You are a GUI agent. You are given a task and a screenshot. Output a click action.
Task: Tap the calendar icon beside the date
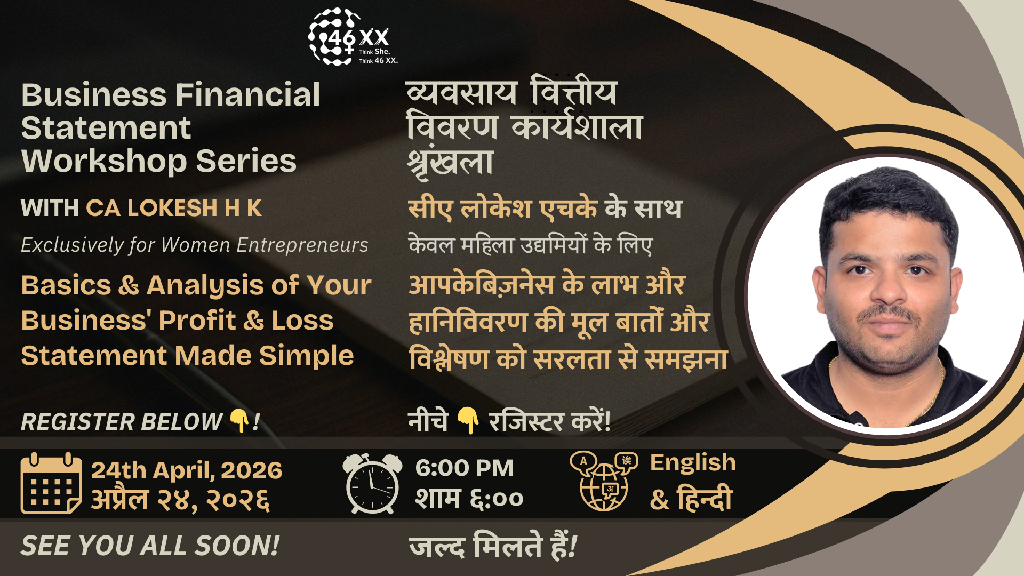tap(51, 483)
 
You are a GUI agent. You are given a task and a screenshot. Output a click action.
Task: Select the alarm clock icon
tap(372, 483)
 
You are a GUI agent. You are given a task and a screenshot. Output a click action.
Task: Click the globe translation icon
tap(604, 481)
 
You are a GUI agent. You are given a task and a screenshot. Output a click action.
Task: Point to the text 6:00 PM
tap(465, 468)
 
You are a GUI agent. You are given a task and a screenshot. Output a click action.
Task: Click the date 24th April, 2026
tap(187, 470)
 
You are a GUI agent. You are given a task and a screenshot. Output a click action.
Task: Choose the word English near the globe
tap(693, 462)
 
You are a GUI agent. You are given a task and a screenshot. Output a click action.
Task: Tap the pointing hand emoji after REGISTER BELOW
tap(239, 421)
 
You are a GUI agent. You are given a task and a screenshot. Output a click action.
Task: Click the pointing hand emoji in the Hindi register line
tap(468, 420)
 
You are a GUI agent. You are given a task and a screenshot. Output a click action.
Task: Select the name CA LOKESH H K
tap(174, 208)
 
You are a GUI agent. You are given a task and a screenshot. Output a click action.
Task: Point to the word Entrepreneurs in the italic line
tap(302, 245)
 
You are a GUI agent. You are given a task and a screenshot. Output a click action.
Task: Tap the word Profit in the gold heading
tap(197, 321)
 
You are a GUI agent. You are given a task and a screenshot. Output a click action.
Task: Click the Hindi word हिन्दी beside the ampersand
tap(704, 499)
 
